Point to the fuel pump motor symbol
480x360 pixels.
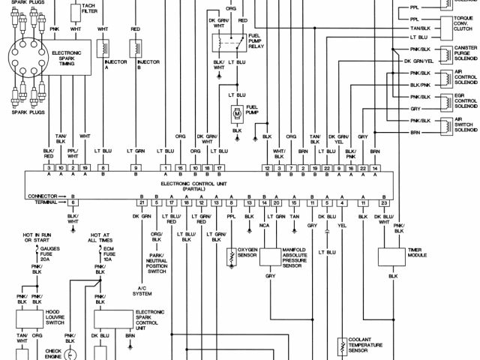point(236,113)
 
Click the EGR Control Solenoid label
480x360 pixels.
point(466,102)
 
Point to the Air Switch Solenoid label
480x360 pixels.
point(466,125)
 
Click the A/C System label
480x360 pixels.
point(142,291)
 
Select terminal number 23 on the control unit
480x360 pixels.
point(383,202)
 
